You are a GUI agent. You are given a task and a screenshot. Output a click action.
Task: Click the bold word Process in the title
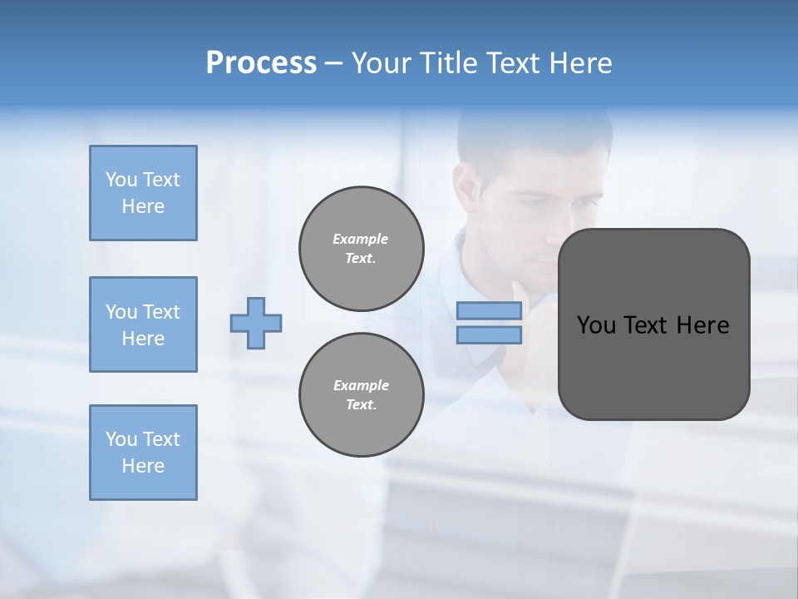(261, 63)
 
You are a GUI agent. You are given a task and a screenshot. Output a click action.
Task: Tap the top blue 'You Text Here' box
(143, 193)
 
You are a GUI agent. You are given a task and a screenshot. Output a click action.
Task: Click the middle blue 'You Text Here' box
(143, 324)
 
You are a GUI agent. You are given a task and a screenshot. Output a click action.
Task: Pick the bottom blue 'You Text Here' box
(143, 453)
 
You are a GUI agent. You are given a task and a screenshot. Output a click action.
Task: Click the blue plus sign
(256, 323)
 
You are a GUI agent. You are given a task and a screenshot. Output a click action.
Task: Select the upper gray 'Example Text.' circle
(362, 249)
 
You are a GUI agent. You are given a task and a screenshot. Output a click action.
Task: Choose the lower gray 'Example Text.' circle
(362, 395)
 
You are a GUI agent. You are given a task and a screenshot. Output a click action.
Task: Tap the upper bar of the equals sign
(490, 310)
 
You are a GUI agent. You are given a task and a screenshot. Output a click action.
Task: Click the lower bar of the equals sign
(490, 334)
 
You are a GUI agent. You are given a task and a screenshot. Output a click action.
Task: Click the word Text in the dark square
(646, 325)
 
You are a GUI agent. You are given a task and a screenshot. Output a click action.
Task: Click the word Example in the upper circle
(361, 239)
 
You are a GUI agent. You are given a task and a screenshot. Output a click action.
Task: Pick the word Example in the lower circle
(361, 385)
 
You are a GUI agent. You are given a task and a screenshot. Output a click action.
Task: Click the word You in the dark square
(595, 325)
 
